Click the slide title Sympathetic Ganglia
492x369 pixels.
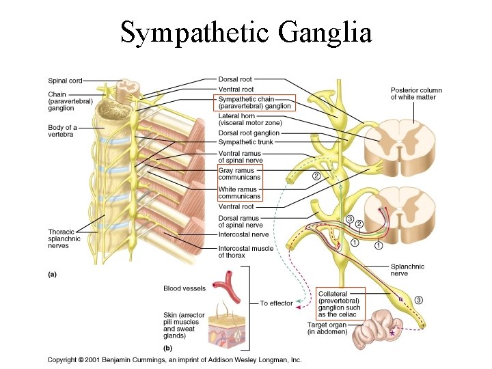pos(246,32)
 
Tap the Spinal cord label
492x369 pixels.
pos(65,81)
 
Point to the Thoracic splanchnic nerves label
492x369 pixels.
pos(64,238)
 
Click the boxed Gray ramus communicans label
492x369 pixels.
pos(239,174)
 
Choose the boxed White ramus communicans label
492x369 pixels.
pos(239,193)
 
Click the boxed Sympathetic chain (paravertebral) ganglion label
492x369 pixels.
pos(255,102)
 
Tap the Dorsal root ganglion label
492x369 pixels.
pos(249,133)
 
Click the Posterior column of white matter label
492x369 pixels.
pos(416,94)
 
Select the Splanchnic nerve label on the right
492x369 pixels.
pos(407,270)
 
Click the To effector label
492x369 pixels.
pos(276,303)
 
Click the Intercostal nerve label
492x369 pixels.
pos(243,234)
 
